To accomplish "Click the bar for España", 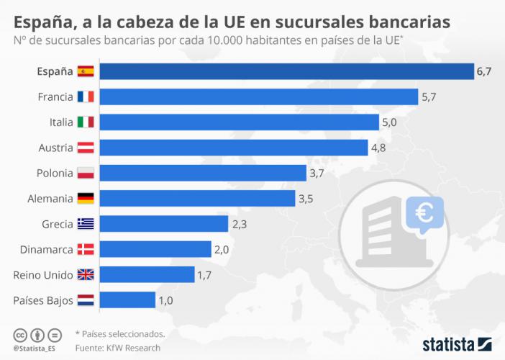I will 286,71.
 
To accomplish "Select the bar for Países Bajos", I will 127,300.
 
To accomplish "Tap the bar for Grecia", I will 163,224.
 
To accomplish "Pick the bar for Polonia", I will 203,173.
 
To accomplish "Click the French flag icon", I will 86,96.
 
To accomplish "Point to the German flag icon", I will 86,198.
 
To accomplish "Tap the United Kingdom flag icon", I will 86,274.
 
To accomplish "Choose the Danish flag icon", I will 86,249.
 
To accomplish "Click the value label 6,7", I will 483,71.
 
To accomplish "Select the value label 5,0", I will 389,122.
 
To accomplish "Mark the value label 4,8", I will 378,148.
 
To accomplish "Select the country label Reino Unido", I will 43,275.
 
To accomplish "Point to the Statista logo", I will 456,343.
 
